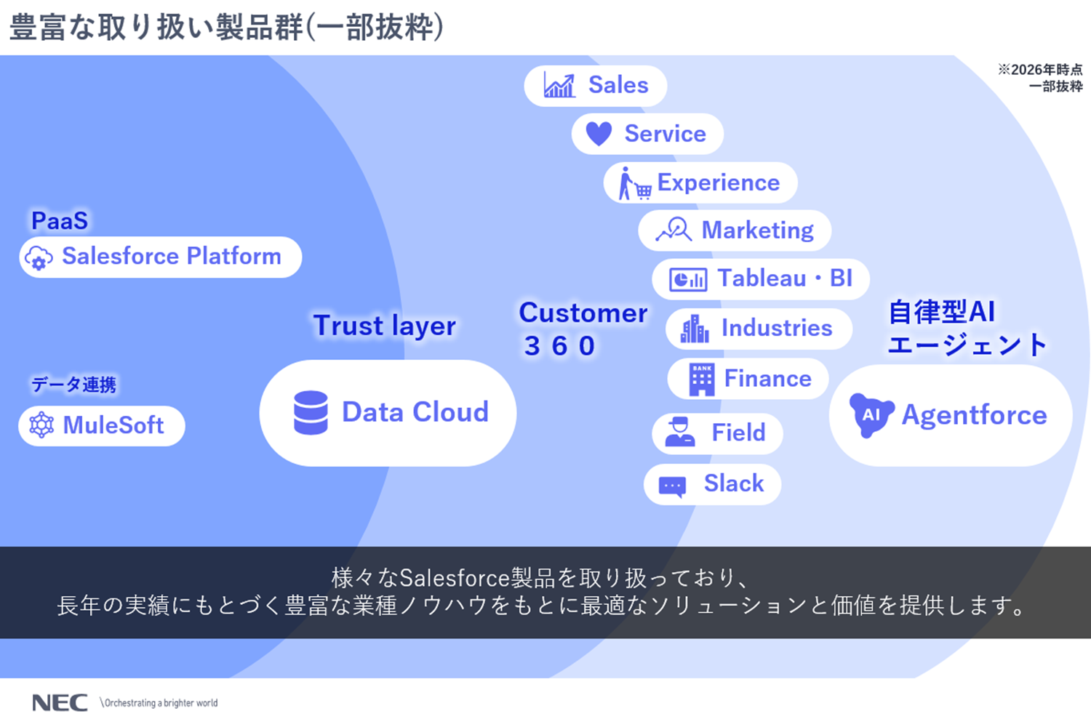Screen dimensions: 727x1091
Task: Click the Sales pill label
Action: coord(618,85)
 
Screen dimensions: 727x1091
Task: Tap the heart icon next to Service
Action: coord(599,134)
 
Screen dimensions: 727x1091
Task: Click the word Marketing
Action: coord(757,230)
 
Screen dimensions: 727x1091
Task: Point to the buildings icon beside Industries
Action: coord(694,329)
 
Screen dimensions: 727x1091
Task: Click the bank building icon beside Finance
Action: coord(701,379)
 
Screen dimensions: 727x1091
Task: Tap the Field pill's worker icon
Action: coord(680,432)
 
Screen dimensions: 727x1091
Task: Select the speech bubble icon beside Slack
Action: coord(672,485)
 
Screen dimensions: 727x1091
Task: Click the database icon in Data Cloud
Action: coord(311,412)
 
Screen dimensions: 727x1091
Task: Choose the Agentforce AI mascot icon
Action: coord(871,414)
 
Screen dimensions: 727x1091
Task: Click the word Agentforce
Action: coord(974,415)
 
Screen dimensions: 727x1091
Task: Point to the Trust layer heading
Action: coord(384,326)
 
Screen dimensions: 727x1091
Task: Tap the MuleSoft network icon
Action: coord(41,425)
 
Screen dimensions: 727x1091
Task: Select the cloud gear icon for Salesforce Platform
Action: coord(39,257)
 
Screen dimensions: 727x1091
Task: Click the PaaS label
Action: coord(60,220)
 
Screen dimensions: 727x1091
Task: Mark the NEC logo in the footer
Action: coord(60,702)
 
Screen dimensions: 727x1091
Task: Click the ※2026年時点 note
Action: coord(1039,70)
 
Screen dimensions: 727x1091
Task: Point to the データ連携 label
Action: coord(73,384)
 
